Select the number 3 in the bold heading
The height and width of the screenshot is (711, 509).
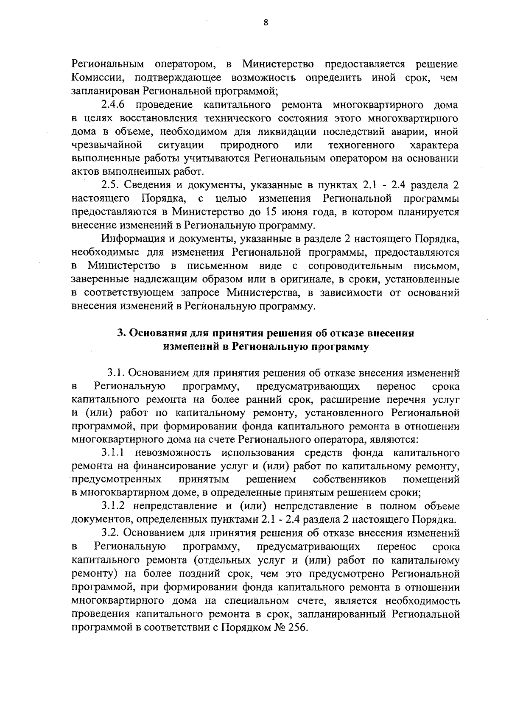click(120, 333)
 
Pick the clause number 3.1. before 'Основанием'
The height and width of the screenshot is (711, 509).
click(115, 373)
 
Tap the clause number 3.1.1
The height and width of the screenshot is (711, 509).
click(115, 453)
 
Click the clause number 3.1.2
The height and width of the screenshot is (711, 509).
click(115, 506)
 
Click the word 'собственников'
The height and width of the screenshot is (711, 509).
click(350, 480)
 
